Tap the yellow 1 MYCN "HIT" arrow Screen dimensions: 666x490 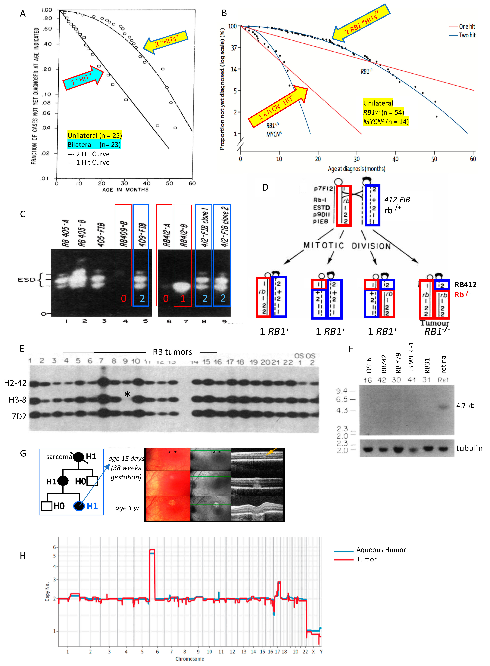[x=277, y=107]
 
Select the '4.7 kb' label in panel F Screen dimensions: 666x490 [x=465, y=405]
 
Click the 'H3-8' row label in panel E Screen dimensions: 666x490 [x=18, y=400]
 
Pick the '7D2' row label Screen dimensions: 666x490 [x=19, y=416]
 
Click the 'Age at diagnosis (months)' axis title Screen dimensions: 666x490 [x=357, y=169]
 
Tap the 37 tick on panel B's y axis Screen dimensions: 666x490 [x=234, y=48]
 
